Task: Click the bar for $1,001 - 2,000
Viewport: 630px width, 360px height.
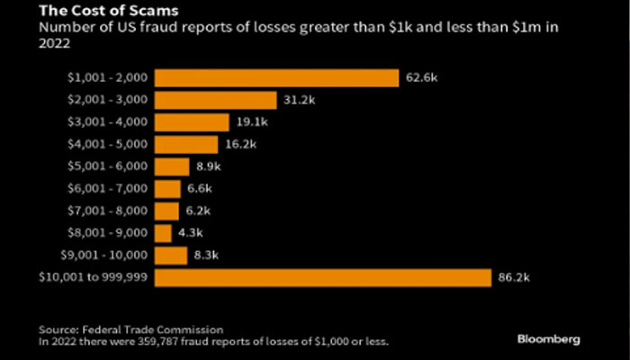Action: [x=276, y=78]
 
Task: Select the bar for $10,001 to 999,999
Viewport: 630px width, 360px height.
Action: [x=322, y=278]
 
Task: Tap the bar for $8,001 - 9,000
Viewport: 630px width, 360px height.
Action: [x=163, y=233]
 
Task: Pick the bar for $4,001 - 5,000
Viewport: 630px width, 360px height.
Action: [x=186, y=145]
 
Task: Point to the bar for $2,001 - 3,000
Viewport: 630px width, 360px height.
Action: [x=215, y=100]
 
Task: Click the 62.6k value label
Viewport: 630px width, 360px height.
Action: [x=421, y=78]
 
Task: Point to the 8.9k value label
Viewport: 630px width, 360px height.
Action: [x=208, y=166]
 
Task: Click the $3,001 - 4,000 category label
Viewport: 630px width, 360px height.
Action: [x=106, y=122]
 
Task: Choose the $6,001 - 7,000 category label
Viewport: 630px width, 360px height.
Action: [x=106, y=189]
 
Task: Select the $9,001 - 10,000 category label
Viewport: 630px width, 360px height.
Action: [x=103, y=256]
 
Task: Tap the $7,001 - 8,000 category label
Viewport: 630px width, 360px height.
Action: [x=106, y=211]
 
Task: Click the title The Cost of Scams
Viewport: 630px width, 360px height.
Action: [x=94, y=12]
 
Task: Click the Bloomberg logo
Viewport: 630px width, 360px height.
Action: [x=549, y=338]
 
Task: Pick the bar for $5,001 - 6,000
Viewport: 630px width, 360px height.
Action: [x=172, y=166]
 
